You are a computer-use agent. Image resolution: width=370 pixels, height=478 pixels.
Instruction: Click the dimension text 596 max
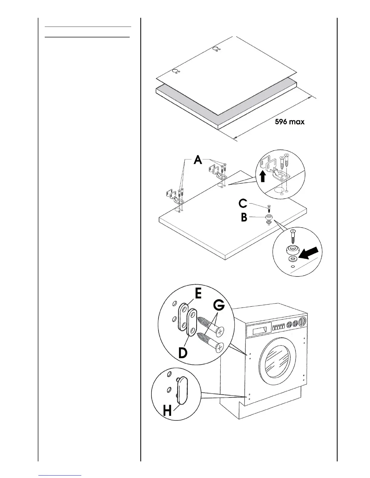coord(289,122)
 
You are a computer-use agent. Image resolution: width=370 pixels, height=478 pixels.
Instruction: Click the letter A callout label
coord(198,159)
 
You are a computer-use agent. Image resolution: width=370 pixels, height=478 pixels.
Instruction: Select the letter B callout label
coord(244,217)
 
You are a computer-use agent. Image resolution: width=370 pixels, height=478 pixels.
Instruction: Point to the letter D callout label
coord(182,353)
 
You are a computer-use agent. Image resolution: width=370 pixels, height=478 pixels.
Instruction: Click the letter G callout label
coord(219,305)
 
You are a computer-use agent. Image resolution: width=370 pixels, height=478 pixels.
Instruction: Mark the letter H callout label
coord(167,410)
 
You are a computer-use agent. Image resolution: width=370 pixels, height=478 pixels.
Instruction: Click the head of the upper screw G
coord(220,331)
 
